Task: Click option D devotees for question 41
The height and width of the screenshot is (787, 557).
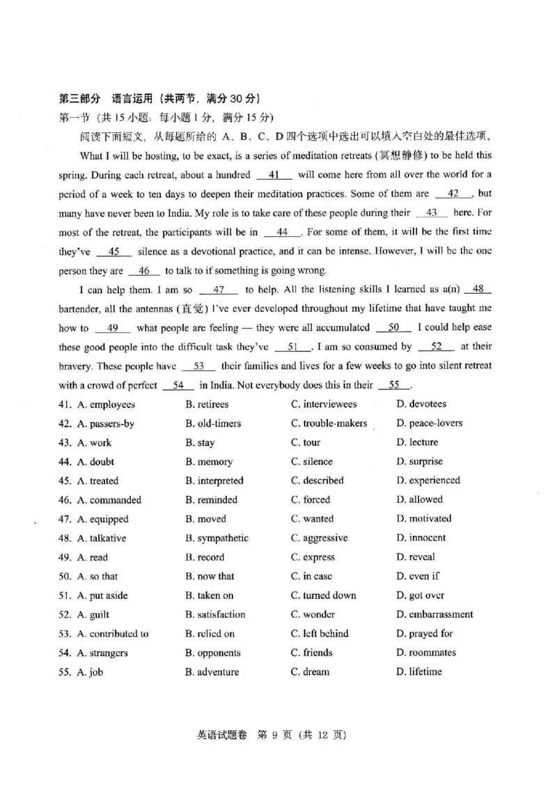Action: (x=421, y=404)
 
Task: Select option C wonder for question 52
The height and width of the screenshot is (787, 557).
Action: (x=313, y=614)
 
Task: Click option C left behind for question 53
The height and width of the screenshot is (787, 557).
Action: (x=320, y=634)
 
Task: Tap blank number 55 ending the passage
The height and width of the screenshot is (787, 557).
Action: (x=395, y=384)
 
